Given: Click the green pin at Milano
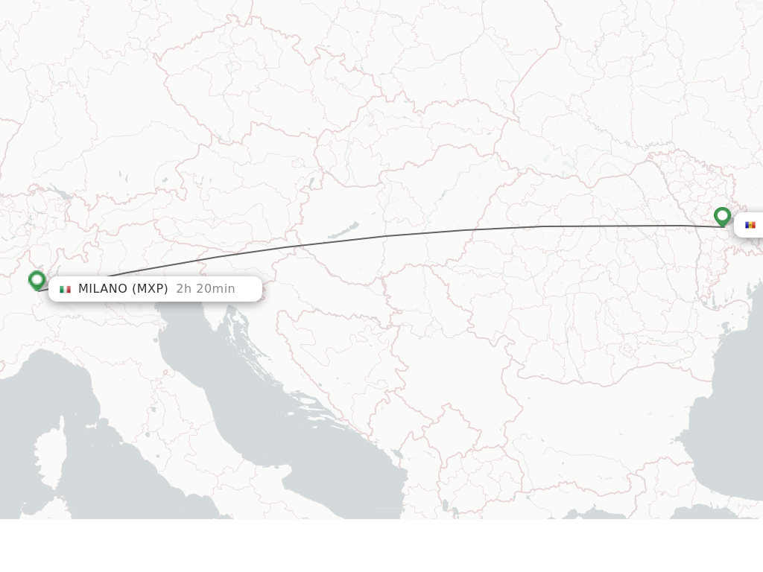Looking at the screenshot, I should coord(37,280).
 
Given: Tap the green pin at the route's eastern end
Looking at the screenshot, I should coord(722,216).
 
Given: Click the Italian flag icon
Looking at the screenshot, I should coord(65,289).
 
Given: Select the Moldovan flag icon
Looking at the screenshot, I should coord(750,225).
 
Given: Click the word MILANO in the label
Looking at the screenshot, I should coord(103,289).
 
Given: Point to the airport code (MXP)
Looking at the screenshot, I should coord(150,289).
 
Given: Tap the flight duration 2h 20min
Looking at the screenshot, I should coord(206,289).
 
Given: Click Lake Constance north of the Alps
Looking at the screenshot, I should coord(61,195).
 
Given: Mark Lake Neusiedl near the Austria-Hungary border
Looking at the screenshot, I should coord(311,182).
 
